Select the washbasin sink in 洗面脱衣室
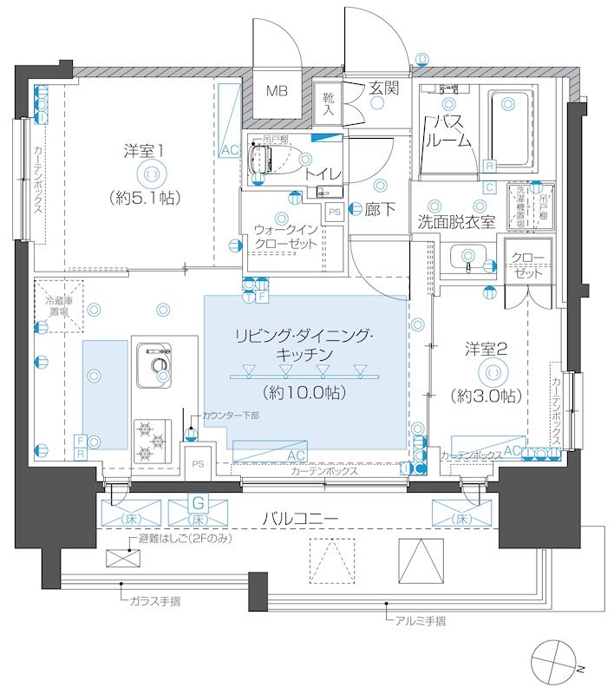[467, 256]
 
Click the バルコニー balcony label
[300, 519]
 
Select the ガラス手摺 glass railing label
[154, 600]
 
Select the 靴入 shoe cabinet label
[329, 104]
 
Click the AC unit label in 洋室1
[229, 150]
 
